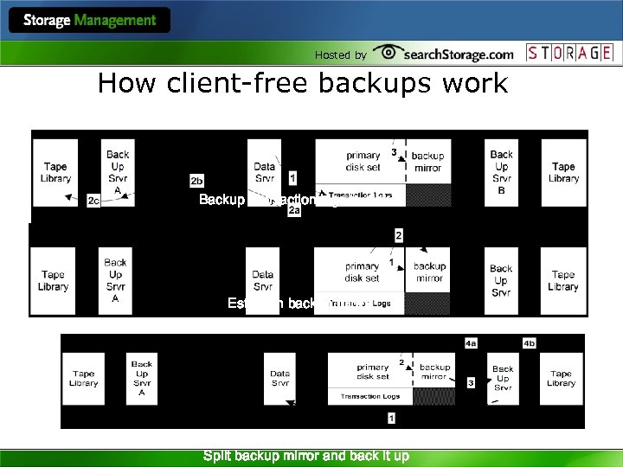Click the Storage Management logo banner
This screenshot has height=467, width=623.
point(90,20)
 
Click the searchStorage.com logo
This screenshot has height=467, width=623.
point(444,54)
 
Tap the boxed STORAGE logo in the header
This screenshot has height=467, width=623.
point(570,53)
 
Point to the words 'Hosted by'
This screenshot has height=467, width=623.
point(340,54)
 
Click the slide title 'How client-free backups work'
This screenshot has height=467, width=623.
point(303,84)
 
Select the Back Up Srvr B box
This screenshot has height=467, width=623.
point(501,172)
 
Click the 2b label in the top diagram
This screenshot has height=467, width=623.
point(196,180)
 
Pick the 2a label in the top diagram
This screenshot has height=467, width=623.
point(294,210)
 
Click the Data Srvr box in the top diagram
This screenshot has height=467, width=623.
point(265,172)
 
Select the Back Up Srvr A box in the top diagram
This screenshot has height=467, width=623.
point(118,172)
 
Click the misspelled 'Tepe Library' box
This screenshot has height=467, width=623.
point(563,281)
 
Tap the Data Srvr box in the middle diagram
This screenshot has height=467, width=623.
point(263,281)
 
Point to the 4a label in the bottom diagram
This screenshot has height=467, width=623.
point(471,343)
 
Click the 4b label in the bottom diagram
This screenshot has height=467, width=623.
point(529,343)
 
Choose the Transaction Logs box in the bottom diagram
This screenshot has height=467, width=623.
point(369,396)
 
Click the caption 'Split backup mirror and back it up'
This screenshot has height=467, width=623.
point(305,456)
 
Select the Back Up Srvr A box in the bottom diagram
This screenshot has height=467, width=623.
point(142,379)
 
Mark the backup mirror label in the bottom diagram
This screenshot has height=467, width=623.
point(434,372)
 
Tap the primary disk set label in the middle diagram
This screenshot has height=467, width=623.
point(361,272)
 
